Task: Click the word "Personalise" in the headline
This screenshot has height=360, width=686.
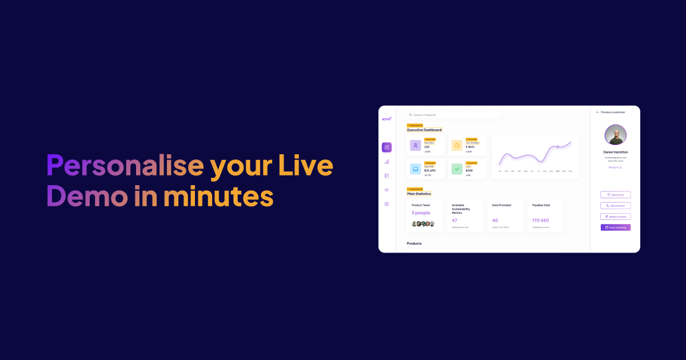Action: coord(125,166)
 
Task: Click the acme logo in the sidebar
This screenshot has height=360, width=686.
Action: coord(386,118)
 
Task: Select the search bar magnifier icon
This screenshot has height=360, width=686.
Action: coord(410,115)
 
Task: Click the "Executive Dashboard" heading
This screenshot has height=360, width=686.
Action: coord(424,130)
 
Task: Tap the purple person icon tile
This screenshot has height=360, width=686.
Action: coord(416,146)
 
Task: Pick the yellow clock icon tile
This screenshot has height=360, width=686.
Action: coord(457,146)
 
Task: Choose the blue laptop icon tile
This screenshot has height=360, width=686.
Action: coord(416,169)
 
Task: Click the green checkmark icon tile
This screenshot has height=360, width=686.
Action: coord(457,169)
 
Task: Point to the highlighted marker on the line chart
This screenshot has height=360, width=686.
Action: coord(558,147)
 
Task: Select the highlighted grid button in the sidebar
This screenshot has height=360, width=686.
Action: coord(386,147)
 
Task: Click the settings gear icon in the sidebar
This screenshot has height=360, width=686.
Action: coord(386,204)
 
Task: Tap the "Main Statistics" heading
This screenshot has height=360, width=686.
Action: coord(419,194)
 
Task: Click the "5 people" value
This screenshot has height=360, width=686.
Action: coord(421,213)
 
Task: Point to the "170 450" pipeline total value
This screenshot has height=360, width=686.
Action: coord(540,220)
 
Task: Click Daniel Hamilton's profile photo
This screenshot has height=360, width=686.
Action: coord(616,135)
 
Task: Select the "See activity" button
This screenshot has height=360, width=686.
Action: coord(616,195)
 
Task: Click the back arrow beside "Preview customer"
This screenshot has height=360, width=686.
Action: coord(597,112)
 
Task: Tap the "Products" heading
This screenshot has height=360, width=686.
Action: coord(414,243)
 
